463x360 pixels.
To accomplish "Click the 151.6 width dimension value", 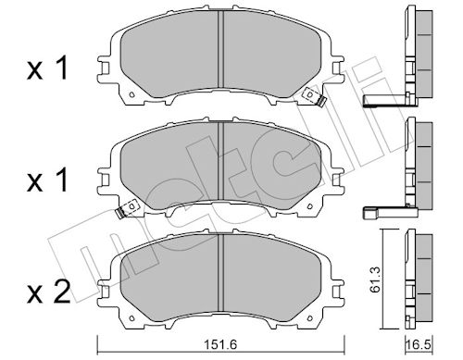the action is (220, 344).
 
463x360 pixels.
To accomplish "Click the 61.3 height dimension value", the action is (375, 279).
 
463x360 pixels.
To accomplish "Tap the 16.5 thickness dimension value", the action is (419, 344).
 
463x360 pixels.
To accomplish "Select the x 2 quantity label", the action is (49, 292).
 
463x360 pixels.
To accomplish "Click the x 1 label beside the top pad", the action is (47, 68).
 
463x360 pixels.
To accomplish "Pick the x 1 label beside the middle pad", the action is (47, 181).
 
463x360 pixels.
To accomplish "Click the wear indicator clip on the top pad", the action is (314, 96).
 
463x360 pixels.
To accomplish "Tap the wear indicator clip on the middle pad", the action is (127, 209).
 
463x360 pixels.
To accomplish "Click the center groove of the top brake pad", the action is (220, 49).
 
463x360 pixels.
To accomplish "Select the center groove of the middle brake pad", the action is (220, 161).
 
